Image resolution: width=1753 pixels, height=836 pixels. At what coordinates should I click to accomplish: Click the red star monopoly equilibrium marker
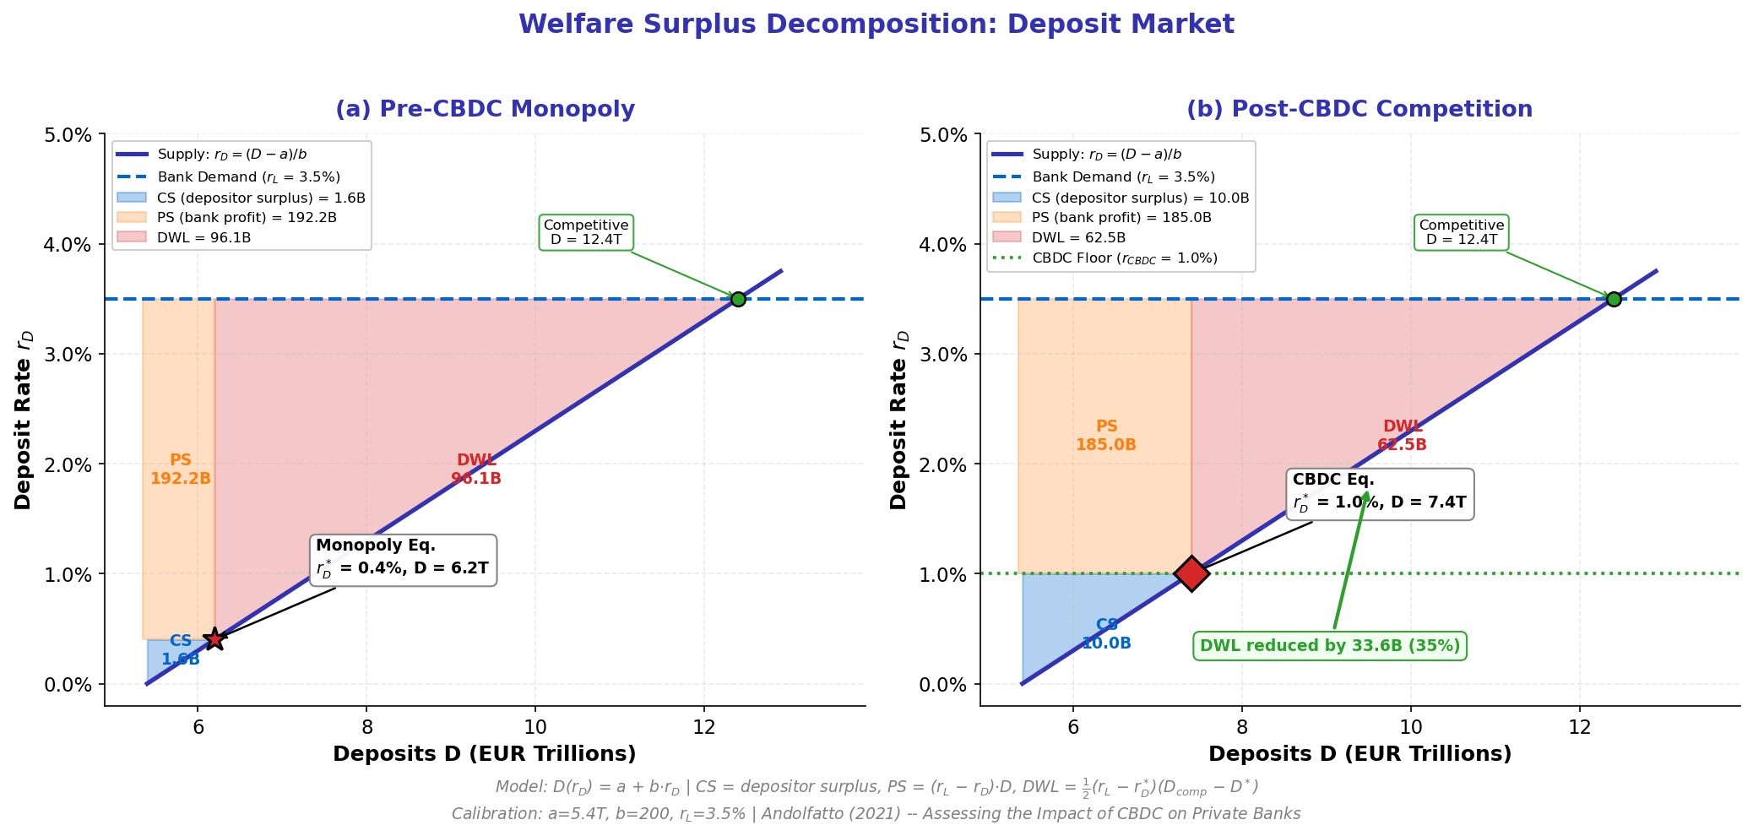(214, 639)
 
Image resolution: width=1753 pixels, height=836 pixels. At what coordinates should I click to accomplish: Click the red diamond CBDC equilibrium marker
(1191, 573)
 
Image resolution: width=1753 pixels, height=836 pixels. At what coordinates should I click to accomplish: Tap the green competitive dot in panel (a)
(738, 299)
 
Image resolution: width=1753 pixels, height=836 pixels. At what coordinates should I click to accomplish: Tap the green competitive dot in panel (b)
(1614, 299)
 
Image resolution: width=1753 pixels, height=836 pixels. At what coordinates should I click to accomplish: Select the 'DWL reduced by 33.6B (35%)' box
(1330, 646)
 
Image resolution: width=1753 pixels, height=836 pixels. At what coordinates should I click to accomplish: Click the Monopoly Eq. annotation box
(403, 559)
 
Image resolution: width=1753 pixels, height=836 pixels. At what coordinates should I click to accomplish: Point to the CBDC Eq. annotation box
(1380, 494)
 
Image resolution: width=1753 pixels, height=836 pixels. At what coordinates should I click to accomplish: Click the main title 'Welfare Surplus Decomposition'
(876, 24)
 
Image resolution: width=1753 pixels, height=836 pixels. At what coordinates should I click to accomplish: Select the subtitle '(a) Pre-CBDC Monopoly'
(485, 110)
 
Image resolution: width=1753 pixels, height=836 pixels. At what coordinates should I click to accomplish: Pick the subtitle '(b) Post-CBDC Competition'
(1360, 110)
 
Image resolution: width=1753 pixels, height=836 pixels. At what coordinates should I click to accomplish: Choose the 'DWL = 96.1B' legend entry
(204, 238)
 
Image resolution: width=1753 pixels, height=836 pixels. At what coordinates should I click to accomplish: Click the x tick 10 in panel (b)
(1410, 725)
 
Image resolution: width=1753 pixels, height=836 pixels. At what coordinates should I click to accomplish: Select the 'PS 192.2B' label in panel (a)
(181, 470)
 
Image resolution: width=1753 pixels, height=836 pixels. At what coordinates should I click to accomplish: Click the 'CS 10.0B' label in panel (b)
(1106, 634)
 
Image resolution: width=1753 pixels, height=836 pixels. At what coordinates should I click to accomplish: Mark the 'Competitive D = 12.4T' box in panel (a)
(586, 232)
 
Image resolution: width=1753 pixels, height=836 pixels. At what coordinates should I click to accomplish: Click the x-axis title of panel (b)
(1360, 754)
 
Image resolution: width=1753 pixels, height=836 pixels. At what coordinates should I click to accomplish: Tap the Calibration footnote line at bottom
(876, 814)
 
